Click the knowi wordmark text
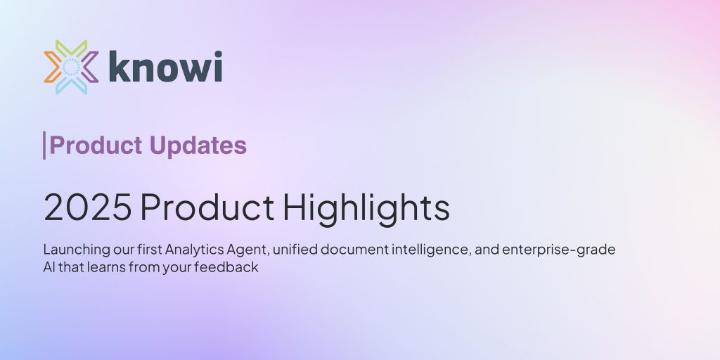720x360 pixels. click(166, 67)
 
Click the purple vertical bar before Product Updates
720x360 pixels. click(44, 146)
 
